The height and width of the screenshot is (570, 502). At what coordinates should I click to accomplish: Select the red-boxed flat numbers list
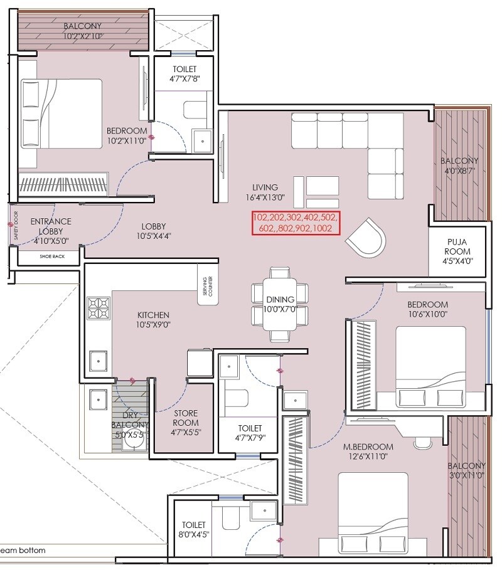296,223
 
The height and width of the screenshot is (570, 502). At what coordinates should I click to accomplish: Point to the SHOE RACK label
49,256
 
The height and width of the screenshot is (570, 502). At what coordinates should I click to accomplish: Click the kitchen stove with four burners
99,308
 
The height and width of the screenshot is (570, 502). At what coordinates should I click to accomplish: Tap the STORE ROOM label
185,418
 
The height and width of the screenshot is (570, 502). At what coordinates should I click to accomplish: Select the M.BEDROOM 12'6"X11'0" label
368,452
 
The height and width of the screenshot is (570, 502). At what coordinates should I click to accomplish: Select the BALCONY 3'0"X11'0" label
466,470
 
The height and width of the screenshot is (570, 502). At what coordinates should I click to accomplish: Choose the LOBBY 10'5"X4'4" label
153,231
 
